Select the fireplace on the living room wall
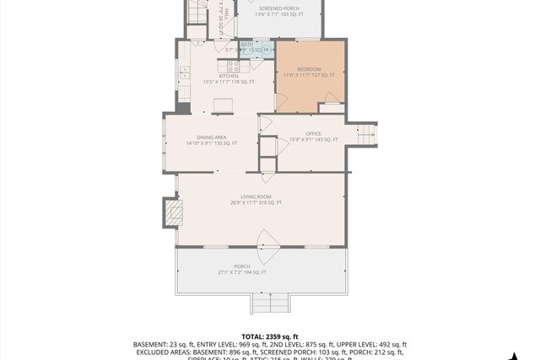tap(171, 208)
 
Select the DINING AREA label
tap(211, 137)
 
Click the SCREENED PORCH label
tap(278, 8)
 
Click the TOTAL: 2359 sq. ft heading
tap(270, 336)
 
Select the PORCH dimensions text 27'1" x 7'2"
tap(242, 272)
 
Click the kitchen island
tap(223, 105)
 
